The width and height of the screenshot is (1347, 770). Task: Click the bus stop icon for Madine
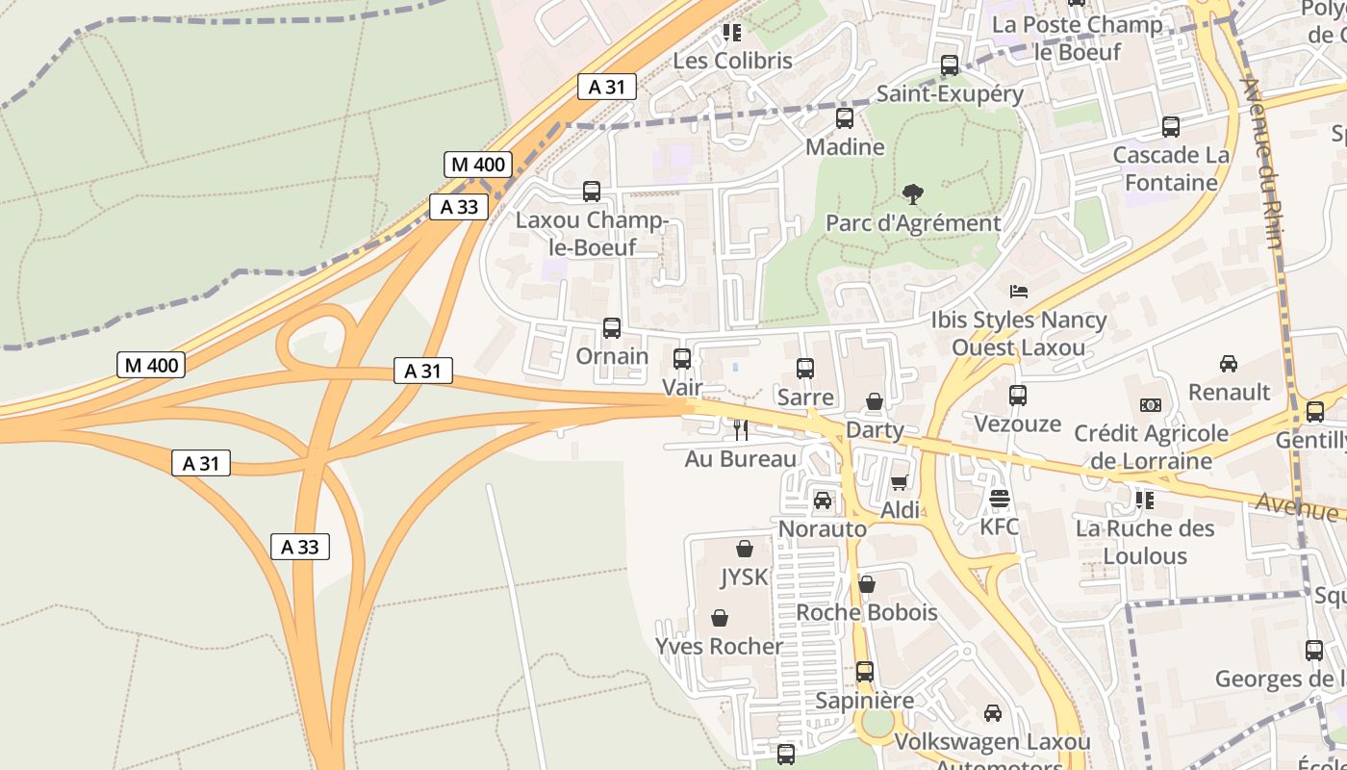coord(845,118)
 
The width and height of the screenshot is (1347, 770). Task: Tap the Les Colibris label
coord(732,61)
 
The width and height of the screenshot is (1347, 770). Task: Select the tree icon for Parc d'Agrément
coord(913,194)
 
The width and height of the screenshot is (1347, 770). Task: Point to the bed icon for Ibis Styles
coord(1019,291)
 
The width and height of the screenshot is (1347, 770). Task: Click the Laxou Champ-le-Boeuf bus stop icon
coord(592,192)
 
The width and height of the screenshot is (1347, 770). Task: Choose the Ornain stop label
coord(612,356)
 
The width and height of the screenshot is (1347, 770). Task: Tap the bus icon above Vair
coord(682,359)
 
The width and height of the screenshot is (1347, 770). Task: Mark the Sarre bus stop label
coord(805,397)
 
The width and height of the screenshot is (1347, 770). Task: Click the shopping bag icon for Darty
coord(875,401)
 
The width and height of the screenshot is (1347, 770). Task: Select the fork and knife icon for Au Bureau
coord(740,430)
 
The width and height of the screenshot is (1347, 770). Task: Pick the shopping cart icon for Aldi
coord(900,482)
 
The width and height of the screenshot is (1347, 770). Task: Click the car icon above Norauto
coord(823,500)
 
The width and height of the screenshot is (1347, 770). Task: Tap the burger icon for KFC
coord(1000,499)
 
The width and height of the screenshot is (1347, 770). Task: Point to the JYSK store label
coord(745,577)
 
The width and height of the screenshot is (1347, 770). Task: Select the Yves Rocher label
coord(720,646)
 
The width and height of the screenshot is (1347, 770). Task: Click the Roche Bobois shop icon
coord(867,584)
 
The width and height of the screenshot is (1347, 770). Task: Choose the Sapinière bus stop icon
coord(865,672)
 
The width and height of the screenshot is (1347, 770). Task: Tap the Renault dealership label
coord(1229,392)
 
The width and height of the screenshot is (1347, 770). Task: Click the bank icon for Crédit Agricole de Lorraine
coord(1151,405)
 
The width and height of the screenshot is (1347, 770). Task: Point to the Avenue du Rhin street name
coord(1261,164)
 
